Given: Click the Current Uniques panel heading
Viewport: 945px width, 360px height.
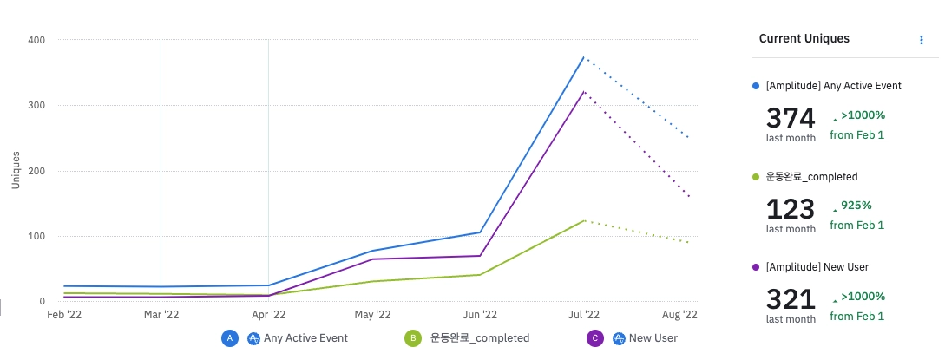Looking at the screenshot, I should [x=804, y=39].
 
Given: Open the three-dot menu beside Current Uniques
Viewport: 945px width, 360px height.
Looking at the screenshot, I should [x=921, y=40].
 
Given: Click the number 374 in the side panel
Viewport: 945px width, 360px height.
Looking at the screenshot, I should [x=791, y=117].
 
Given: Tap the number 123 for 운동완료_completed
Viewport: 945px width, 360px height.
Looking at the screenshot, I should [x=791, y=208].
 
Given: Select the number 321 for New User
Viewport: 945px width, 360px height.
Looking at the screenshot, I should [x=791, y=299].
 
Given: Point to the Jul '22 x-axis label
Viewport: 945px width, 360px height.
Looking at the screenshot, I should [x=584, y=315].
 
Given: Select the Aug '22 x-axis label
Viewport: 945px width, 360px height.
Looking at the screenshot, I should [x=679, y=315].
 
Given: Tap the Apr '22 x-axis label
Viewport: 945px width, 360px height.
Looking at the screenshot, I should [x=268, y=315].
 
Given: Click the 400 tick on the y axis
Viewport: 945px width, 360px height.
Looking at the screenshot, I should [x=37, y=40].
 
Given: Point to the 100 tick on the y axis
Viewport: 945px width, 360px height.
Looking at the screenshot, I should [x=37, y=236].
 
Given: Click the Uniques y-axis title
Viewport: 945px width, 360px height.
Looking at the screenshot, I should [x=16, y=170].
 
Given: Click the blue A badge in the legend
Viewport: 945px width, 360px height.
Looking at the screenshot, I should [x=230, y=338].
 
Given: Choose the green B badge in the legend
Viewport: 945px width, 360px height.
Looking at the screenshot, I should [x=413, y=338].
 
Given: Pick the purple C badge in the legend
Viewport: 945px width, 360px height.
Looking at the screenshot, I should [x=595, y=338].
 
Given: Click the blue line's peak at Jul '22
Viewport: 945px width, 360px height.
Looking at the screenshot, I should [x=584, y=57].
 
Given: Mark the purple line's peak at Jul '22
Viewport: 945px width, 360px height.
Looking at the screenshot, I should [x=584, y=91].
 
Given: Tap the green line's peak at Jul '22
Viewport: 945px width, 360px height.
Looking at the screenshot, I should [x=584, y=220].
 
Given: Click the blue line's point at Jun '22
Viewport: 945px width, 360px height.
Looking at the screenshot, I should [x=479, y=232].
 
